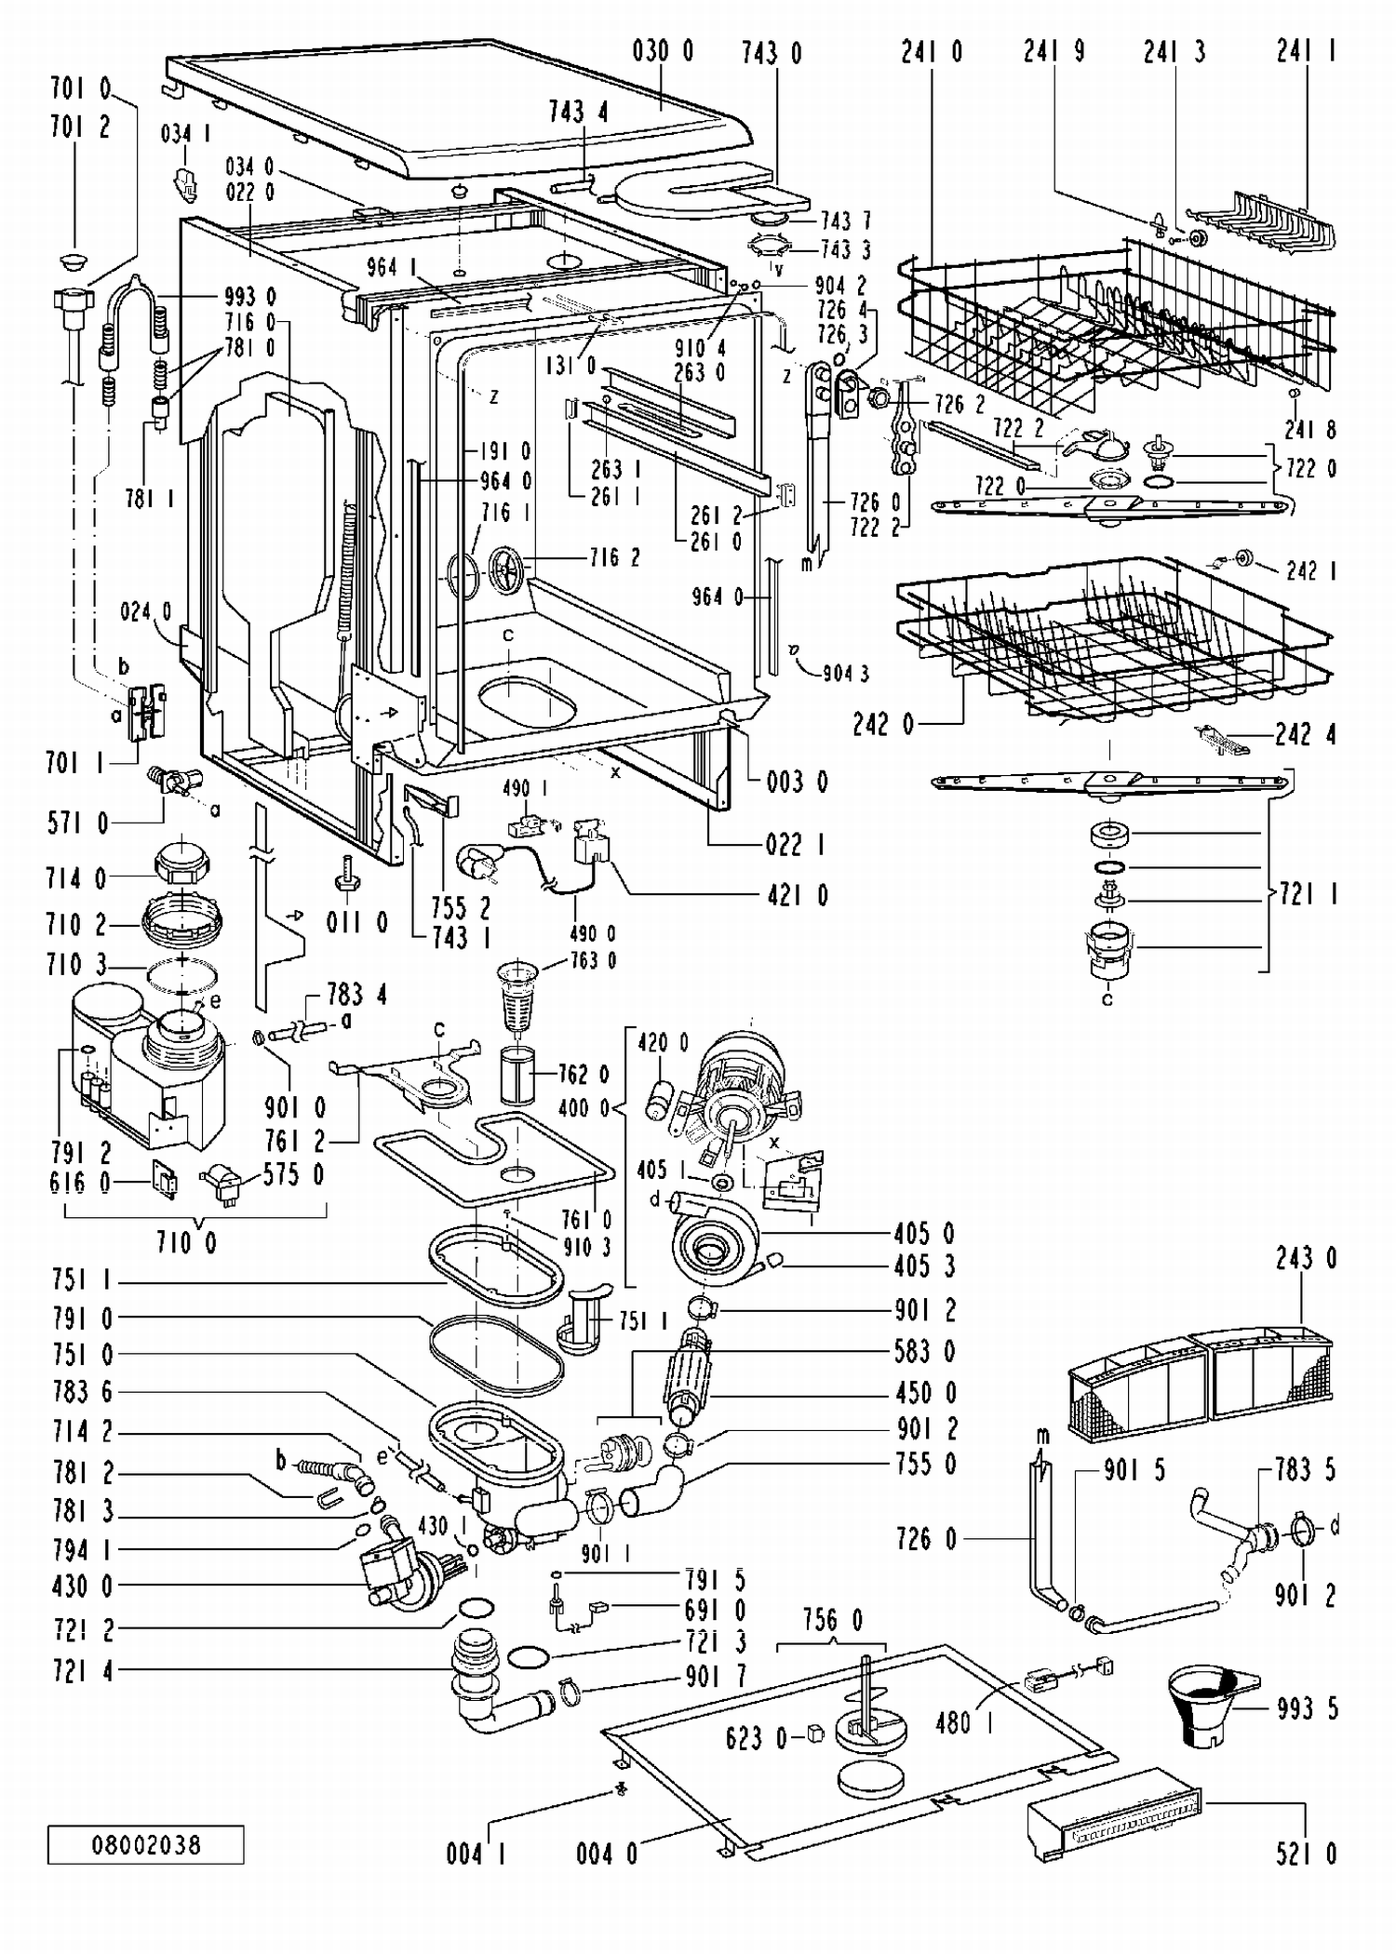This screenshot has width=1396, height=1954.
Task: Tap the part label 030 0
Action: pos(663,50)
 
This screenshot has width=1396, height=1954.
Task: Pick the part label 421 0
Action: pos(798,895)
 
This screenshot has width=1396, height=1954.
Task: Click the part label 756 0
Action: pos(832,1620)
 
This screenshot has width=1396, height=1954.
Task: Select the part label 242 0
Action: pos(883,724)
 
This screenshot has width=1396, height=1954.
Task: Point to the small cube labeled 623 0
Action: pos(815,1732)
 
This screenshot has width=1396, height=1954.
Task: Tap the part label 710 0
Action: pos(186,1242)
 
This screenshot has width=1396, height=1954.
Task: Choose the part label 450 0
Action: pos(925,1392)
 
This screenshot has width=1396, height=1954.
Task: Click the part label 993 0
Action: pos(250,297)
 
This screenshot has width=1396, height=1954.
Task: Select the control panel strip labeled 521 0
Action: pos(1113,1811)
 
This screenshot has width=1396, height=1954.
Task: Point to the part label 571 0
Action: pos(77,822)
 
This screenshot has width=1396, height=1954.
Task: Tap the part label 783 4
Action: pos(356,995)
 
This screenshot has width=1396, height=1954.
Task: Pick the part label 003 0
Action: pos(798,781)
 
